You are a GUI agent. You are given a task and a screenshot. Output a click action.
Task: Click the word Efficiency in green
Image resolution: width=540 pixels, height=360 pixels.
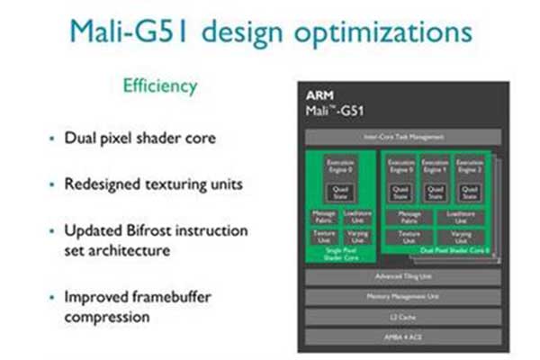tap(161, 87)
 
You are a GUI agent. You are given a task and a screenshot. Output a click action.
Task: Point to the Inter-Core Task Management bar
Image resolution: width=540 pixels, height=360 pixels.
tap(402, 137)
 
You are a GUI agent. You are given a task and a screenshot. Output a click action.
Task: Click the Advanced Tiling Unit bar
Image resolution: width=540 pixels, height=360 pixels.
tap(402, 275)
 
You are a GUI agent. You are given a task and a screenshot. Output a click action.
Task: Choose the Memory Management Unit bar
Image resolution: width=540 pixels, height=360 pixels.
tap(402, 296)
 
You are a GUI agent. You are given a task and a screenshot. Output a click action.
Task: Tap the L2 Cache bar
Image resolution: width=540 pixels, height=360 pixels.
tap(402, 317)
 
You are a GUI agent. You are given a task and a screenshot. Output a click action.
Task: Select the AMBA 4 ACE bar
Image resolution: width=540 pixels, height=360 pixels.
tap(402, 337)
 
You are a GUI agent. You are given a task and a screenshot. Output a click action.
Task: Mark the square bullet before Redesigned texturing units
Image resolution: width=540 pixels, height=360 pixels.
tap(51, 184)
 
